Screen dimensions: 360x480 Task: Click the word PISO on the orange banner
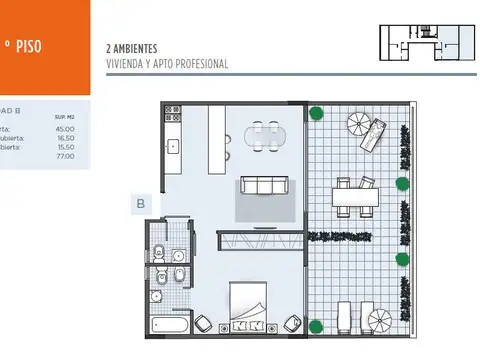coord(27,45)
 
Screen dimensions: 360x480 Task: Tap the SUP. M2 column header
coord(65,117)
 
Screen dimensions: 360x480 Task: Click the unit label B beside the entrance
coord(140,204)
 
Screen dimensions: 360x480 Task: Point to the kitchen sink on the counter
coord(173,147)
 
